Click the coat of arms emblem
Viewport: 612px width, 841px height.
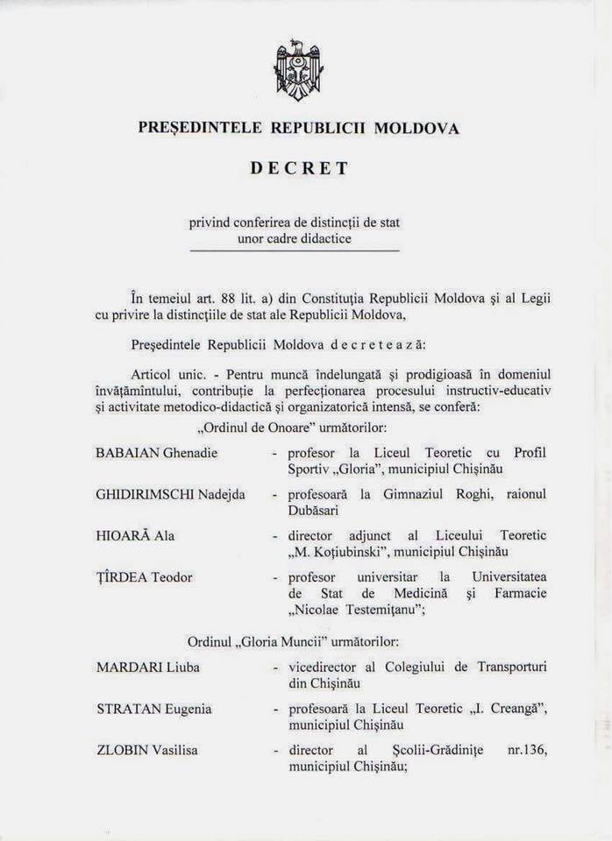(298, 70)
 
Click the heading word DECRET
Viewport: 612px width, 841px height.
(298, 168)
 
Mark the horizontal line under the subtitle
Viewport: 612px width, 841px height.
(294, 251)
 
